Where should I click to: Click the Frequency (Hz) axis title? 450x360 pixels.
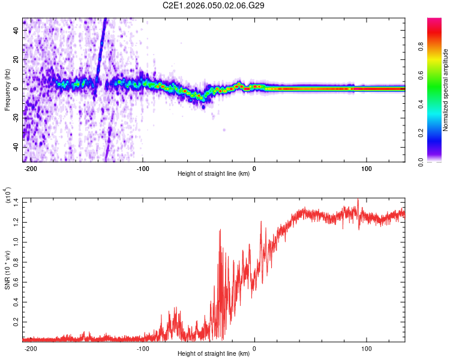tap(7, 90)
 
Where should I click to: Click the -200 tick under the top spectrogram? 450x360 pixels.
tap(30, 169)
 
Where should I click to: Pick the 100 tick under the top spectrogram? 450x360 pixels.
tap(367, 169)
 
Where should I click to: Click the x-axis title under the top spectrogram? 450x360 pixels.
tap(214, 174)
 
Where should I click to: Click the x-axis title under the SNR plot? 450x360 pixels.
tap(214, 354)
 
